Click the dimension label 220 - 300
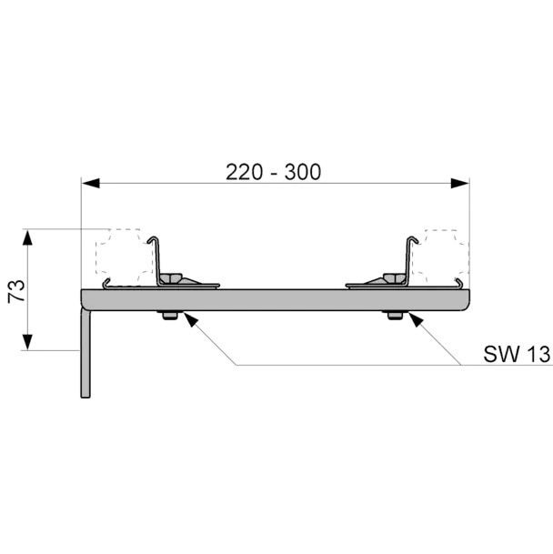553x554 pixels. (273, 172)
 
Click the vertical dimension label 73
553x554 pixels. (16, 291)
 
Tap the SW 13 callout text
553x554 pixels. (517, 354)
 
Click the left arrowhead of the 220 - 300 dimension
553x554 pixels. (90, 184)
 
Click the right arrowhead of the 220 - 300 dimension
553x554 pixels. (460, 184)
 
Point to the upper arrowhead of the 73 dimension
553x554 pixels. (27, 237)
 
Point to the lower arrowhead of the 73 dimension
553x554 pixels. (27, 342)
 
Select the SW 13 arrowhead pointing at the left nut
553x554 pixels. (190, 319)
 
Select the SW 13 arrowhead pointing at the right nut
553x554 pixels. (416, 319)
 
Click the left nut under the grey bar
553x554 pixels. (170, 315)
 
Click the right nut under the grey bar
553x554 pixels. (395, 315)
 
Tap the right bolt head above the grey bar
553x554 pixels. (395, 278)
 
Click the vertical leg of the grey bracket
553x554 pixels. (85, 353)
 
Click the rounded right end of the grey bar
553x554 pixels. (465, 300)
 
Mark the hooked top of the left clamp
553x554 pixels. (154, 239)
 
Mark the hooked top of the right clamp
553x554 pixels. (412, 239)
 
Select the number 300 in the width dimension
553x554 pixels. (303, 172)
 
